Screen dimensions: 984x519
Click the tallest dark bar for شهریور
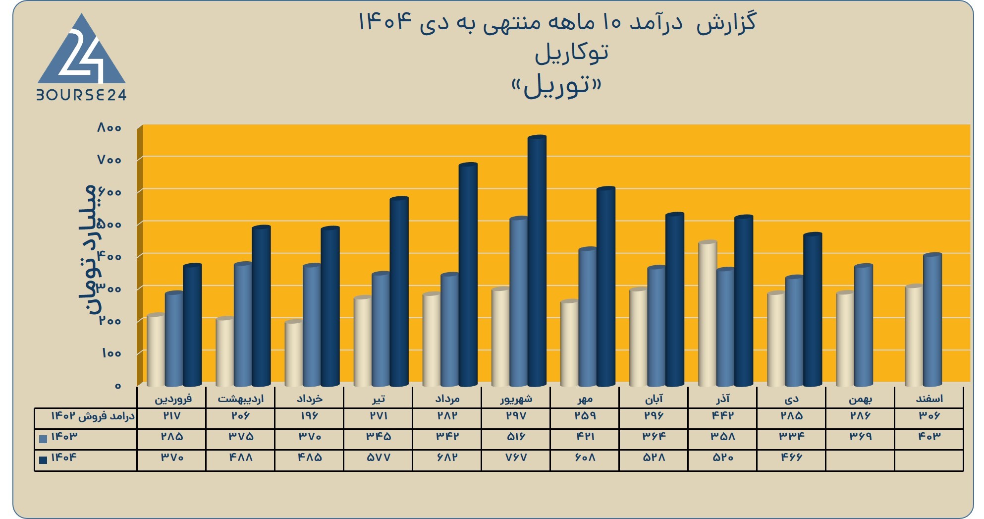coord(537,261)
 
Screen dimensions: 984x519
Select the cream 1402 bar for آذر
coord(708,313)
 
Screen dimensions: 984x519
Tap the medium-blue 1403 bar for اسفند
coord(932,320)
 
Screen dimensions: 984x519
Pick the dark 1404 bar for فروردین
coord(192,325)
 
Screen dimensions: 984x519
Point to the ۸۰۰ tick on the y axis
coord(109,128)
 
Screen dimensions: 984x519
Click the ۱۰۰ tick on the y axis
coord(111,353)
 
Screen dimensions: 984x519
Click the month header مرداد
coord(447,399)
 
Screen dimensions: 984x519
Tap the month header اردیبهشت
coord(241,399)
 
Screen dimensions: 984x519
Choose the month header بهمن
coord(860,399)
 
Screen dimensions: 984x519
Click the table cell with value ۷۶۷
coord(516,458)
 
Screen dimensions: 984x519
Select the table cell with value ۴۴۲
coord(722,415)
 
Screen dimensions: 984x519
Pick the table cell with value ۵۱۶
coord(516,437)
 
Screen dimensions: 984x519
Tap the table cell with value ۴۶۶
coord(791,458)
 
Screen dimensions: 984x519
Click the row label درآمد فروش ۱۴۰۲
coord(93,416)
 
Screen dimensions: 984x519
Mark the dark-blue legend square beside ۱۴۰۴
coord(43,460)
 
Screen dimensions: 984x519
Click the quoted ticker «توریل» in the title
coord(556,86)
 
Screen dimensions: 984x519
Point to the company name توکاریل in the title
coord(572,53)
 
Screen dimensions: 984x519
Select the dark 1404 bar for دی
coord(813,309)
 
